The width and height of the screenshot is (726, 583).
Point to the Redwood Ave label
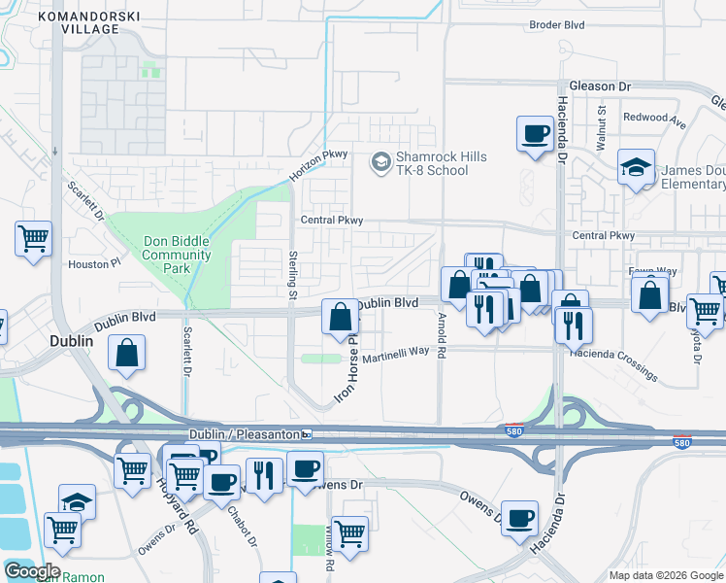pyautogui.click(x=654, y=118)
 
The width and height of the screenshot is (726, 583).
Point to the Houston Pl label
pyautogui.click(x=93, y=263)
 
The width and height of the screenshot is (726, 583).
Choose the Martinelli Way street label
pyautogui.click(x=396, y=354)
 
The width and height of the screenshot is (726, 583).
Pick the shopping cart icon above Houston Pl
pyautogui.click(x=33, y=239)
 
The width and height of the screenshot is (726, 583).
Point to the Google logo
pyautogui.click(x=31, y=570)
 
